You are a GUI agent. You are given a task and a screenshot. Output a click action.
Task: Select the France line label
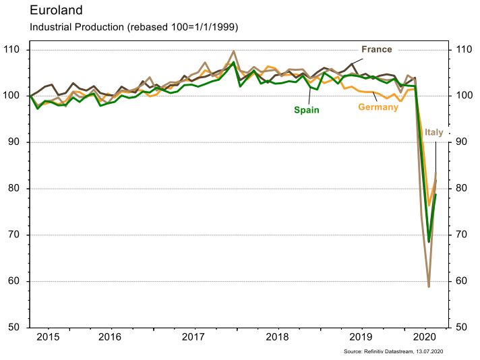tap(376, 49)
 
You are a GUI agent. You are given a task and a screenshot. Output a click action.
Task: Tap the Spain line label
tap(306, 109)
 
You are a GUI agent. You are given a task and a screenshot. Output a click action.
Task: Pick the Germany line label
tap(378, 107)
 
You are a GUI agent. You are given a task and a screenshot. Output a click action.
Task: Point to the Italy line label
tap(434, 132)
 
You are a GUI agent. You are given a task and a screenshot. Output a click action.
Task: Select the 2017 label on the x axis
tap(193, 336)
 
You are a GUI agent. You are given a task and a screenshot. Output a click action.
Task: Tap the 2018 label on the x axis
tap(277, 336)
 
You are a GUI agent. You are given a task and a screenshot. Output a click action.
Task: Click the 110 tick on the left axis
tap(11, 50)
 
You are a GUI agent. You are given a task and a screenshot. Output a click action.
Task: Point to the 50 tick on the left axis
tap(14, 328)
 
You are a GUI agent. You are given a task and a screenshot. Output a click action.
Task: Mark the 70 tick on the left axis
tap(14, 235)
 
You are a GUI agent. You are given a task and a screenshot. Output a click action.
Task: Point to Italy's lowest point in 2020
tap(429, 287)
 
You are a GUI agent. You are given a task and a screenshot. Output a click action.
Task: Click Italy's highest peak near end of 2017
tap(233, 51)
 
